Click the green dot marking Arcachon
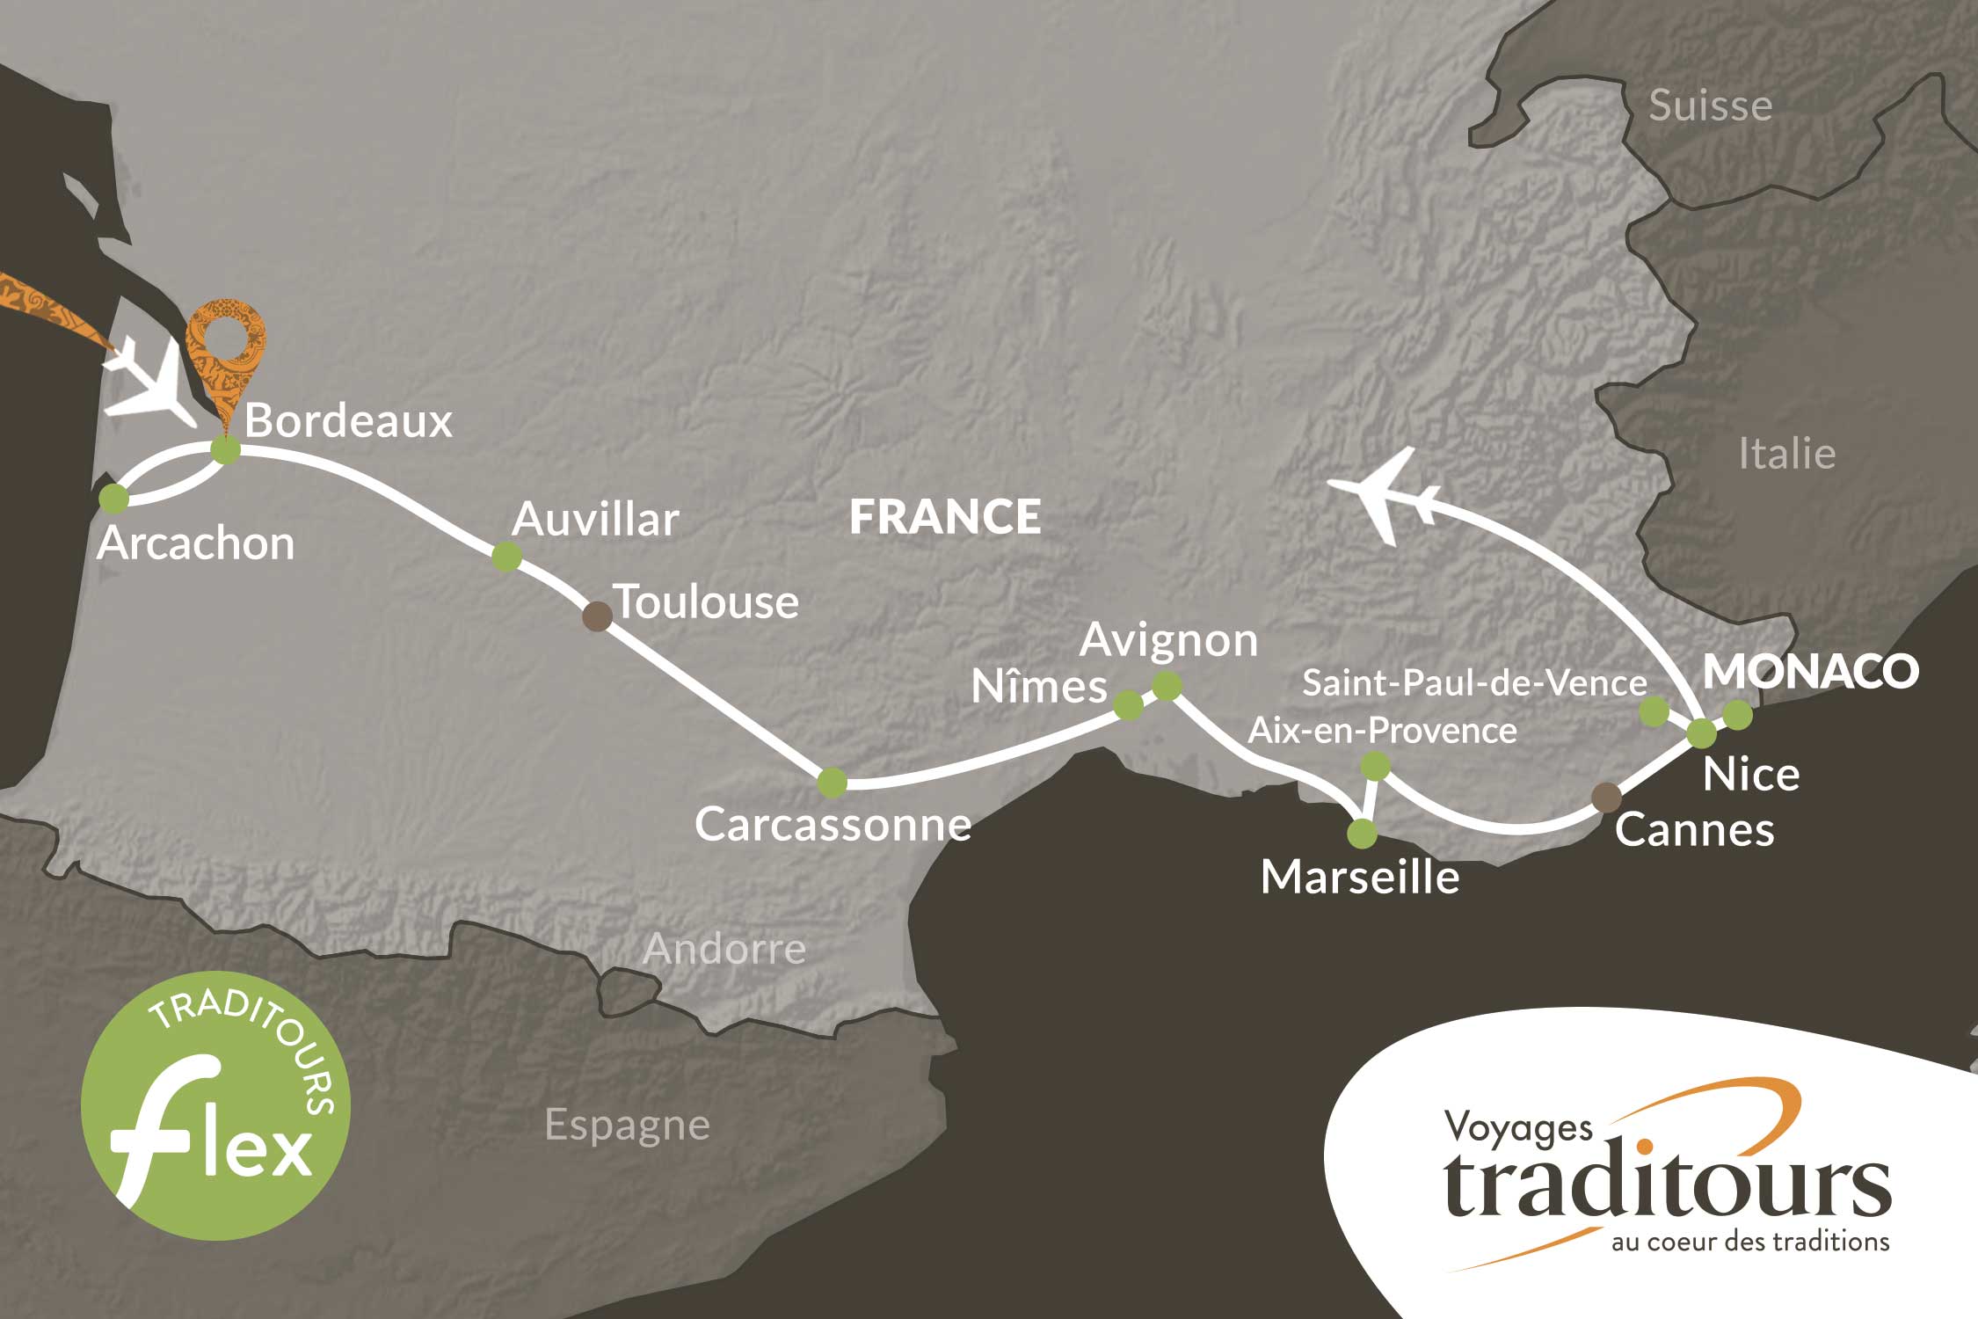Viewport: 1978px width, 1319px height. (113, 499)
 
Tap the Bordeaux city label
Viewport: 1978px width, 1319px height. (348, 421)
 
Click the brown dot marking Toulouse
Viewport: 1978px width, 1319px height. (598, 616)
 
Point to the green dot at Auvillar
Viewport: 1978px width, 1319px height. (506, 556)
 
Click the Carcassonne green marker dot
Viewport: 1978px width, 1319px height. (832, 782)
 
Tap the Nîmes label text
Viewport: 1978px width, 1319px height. (1038, 687)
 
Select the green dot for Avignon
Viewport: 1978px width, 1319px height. (1167, 686)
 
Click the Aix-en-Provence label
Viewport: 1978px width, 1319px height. (1382, 731)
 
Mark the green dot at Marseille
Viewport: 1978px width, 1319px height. (1363, 833)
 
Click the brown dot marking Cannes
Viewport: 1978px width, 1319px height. (1607, 798)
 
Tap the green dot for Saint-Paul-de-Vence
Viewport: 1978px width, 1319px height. (1654, 711)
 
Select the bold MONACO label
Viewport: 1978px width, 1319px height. (1810, 672)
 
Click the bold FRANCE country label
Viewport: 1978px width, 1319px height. (945, 516)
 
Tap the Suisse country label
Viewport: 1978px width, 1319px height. (1710, 106)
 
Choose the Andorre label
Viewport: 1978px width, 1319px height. (724, 949)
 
